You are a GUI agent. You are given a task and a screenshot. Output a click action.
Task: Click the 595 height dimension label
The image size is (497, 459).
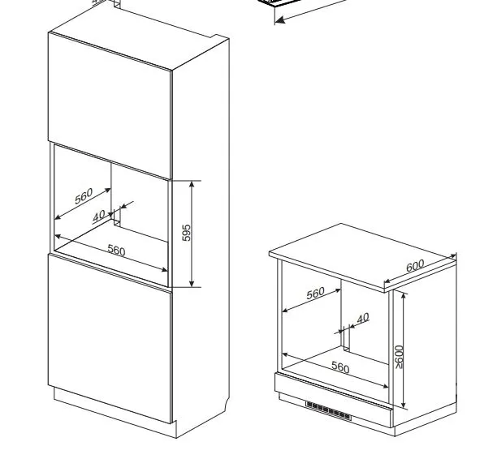point(187,233)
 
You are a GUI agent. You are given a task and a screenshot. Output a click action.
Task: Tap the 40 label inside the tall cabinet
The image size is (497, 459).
point(99,216)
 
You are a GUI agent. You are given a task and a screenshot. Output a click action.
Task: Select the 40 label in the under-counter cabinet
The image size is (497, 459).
point(363,318)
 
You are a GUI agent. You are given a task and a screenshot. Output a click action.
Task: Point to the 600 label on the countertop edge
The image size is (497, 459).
point(415,265)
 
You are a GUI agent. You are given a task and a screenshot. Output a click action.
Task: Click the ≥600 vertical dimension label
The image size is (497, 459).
point(399,357)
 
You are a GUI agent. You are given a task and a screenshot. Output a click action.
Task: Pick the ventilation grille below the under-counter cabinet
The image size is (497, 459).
point(328,411)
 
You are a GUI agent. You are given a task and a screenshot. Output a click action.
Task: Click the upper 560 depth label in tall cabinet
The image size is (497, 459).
point(84,196)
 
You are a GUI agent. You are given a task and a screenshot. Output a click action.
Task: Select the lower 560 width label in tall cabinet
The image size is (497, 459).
point(116,250)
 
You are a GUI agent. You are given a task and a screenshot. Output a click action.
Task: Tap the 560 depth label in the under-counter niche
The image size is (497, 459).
point(316,293)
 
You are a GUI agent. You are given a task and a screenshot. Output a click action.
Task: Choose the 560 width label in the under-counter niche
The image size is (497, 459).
point(340,367)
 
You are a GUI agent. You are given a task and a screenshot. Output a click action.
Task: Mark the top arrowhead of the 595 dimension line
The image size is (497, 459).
point(192,184)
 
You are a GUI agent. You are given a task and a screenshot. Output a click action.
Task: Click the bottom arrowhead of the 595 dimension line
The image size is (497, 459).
point(192,284)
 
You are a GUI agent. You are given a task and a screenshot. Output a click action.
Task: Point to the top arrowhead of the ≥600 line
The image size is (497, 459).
point(403,296)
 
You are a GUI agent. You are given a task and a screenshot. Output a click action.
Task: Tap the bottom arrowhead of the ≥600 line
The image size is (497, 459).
point(403,405)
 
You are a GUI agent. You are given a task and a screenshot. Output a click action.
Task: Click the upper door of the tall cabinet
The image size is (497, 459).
point(110,105)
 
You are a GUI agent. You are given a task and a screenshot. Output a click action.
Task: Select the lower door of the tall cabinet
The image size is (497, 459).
point(110,338)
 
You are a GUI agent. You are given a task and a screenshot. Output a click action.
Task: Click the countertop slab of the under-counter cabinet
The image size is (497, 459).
point(363,256)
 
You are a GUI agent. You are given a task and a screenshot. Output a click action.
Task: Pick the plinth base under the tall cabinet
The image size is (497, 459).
point(115,413)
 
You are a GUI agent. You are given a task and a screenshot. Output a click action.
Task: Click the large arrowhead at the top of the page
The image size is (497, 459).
point(280,20)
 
